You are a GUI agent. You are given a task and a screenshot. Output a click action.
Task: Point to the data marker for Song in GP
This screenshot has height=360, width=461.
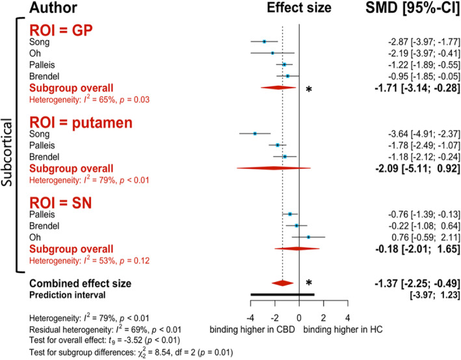[x=264, y=42]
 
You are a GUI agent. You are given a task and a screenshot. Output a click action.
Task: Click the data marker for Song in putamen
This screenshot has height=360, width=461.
[x=255, y=133]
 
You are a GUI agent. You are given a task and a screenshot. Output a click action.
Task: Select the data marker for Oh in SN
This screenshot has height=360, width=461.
[x=308, y=237]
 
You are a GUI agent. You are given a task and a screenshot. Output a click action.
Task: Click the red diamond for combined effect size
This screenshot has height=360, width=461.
[x=282, y=283]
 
